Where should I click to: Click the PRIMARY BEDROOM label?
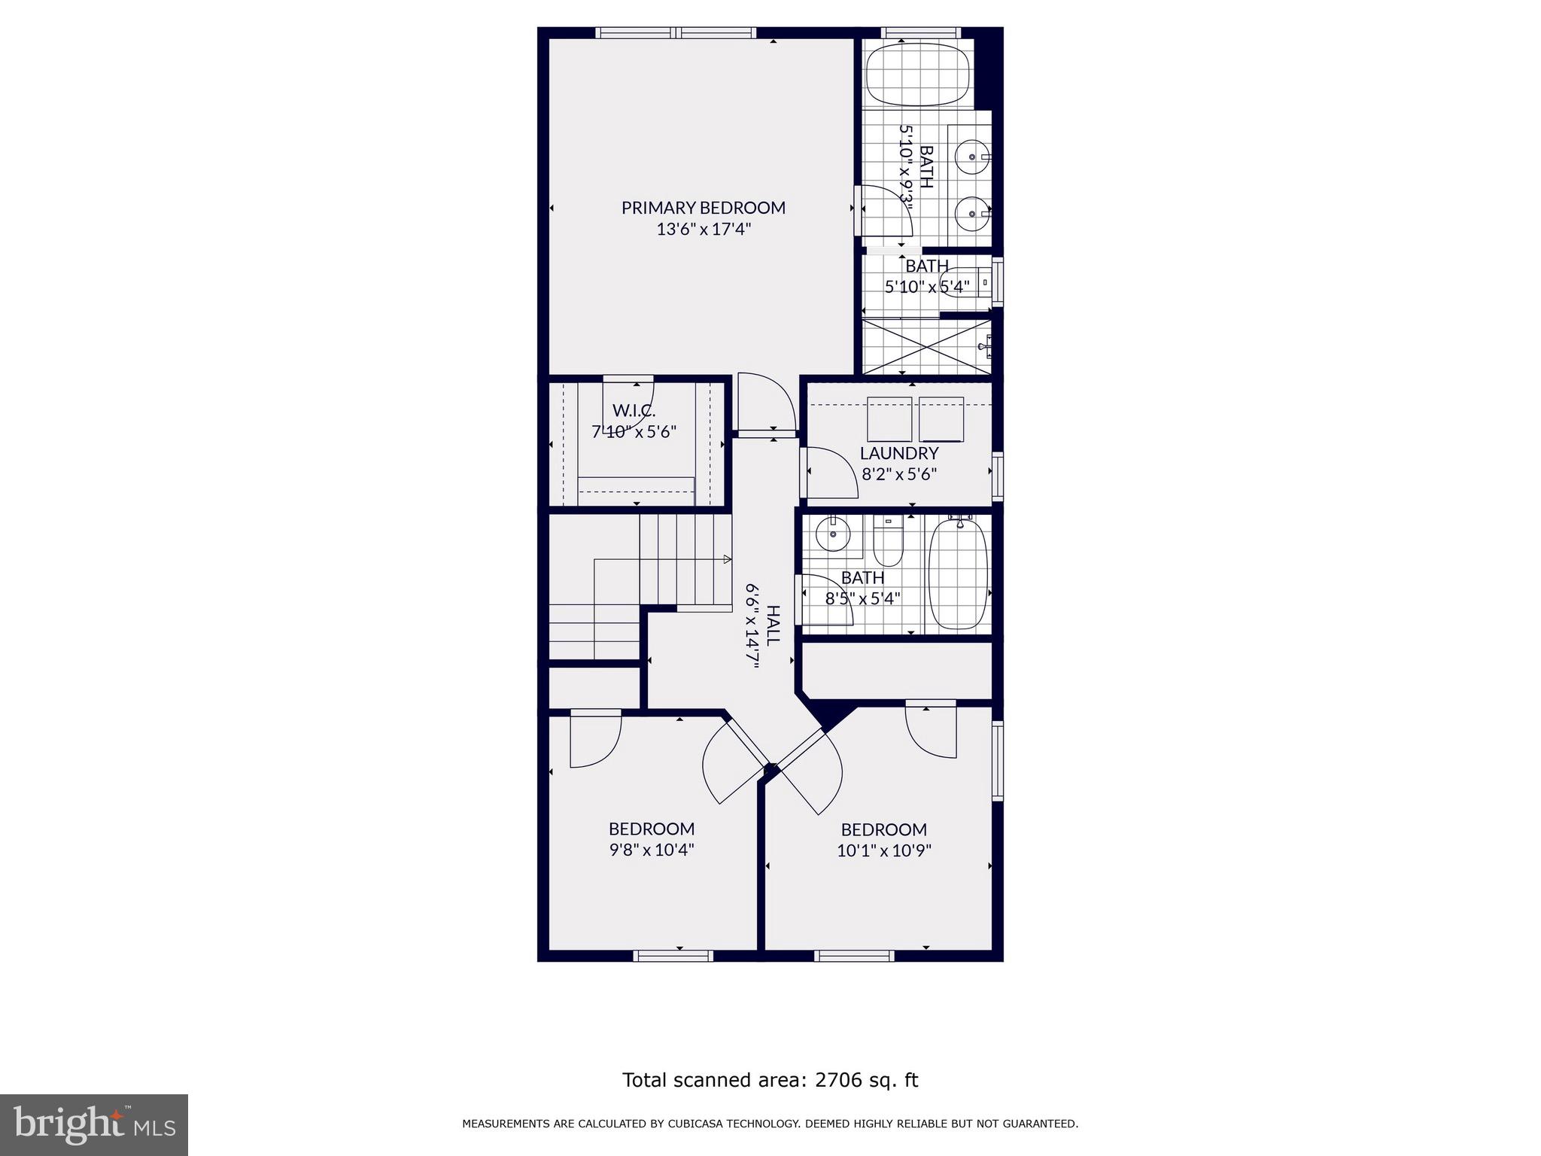pyautogui.click(x=703, y=208)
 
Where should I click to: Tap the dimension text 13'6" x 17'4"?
pyautogui.click(x=703, y=230)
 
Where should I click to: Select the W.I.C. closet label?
pyautogui.click(x=634, y=411)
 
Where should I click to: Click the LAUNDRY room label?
pyautogui.click(x=899, y=453)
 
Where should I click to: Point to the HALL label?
pyautogui.click(x=773, y=625)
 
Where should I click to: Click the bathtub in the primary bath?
pyautogui.click(x=918, y=75)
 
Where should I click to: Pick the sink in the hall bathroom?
pyautogui.click(x=833, y=534)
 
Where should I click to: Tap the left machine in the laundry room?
pyautogui.click(x=889, y=419)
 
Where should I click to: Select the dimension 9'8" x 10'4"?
pyautogui.click(x=651, y=850)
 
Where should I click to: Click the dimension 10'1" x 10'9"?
pyautogui.click(x=883, y=851)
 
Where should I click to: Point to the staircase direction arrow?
pyautogui.click(x=726, y=559)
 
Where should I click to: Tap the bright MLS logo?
pyautogui.click(x=94, y=1124)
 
